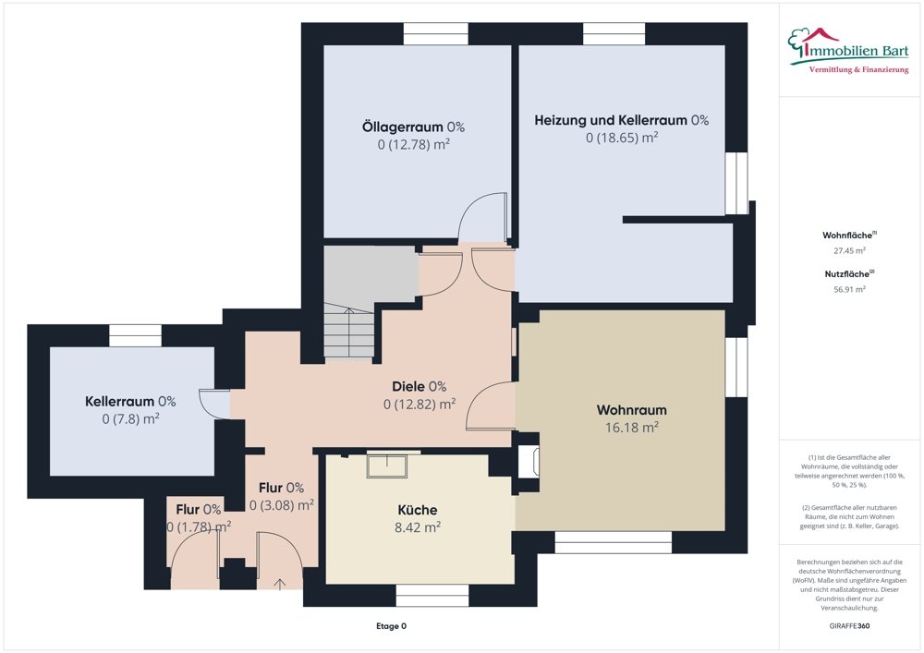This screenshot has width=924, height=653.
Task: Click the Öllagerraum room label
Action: point(412,126)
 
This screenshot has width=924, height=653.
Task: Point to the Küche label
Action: point(417,510)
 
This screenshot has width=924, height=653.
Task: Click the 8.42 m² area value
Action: point(417,527)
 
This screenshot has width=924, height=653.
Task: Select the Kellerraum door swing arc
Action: point(214,403)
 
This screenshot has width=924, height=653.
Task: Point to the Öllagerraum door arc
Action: point(482,218)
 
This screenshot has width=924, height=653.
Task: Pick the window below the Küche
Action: point(432,597)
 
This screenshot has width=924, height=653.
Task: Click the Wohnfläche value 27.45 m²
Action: point(850,250)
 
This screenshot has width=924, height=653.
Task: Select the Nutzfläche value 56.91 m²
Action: point(850,289)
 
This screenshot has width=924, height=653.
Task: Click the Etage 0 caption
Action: point(391,626)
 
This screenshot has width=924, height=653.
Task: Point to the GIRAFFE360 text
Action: point(849,626)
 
